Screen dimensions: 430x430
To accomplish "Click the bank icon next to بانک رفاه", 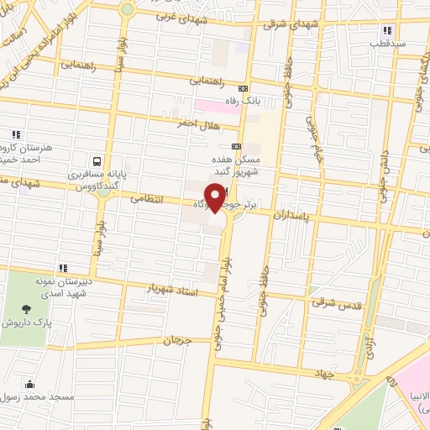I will tap(244, 88).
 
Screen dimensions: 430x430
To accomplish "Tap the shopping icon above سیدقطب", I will tap(386, 28).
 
